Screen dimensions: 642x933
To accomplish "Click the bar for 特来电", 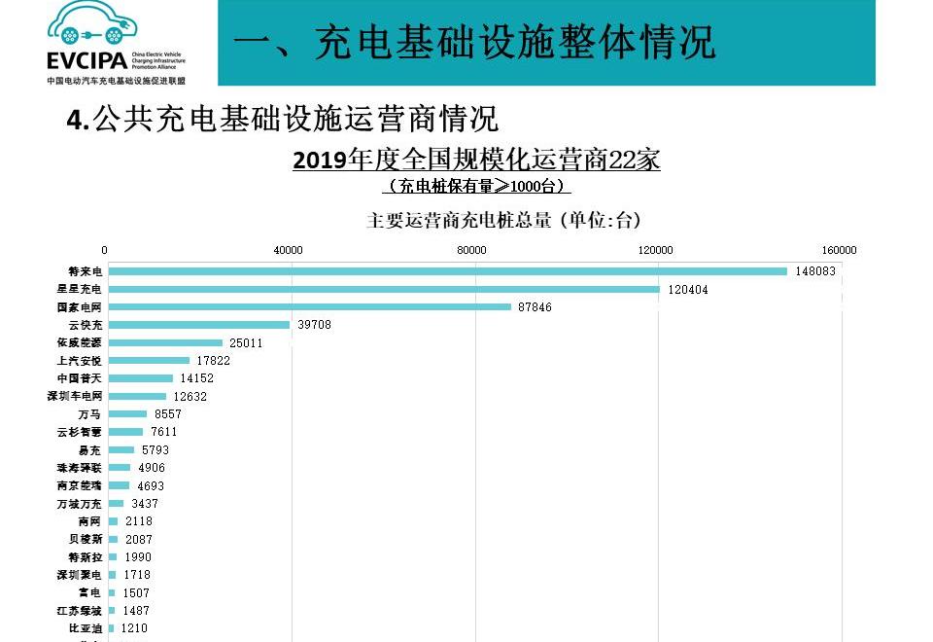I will coord(447,271).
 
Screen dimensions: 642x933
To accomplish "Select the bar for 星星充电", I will coord(384,289).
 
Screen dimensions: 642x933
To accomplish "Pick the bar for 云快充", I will coord(198,325).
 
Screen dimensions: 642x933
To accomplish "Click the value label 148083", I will coord(814,271).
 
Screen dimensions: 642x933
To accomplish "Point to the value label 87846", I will coord(535,307).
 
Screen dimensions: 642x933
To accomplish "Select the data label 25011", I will coord(246,343).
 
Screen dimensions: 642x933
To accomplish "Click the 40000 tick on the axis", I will coord(289,251).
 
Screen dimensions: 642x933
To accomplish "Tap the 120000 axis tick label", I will coord(655,251).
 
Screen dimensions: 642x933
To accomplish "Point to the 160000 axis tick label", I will coord(839,251).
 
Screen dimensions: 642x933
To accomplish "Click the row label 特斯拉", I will coord(85,557).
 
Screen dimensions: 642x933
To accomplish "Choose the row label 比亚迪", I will coord(85,628).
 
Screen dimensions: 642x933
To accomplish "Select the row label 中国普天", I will coord(80,378).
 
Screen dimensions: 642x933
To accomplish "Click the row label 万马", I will coord(89,414).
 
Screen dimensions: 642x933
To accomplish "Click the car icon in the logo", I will coord(91,24).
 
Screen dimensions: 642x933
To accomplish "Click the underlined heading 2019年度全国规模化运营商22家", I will coord(476,160).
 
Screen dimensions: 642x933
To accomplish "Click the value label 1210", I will coord(134,628).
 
